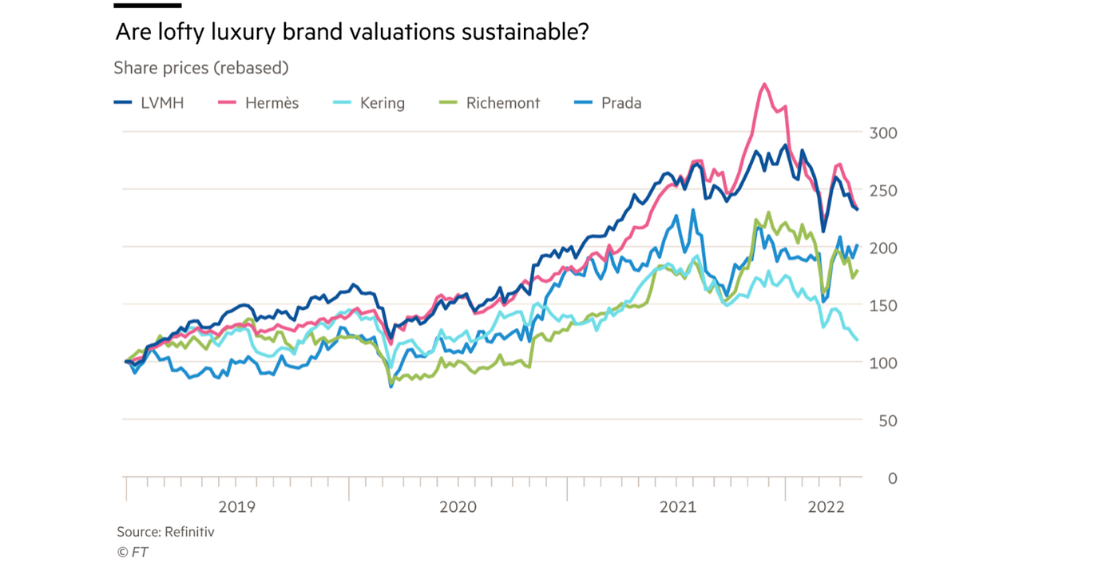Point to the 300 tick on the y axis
882,133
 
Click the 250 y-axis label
882,191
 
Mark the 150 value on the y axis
882,306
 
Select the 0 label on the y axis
892,478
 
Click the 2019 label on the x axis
236,506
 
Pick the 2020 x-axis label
458,506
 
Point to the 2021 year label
677,506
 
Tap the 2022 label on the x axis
826,506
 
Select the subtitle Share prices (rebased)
200,68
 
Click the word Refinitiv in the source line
189,532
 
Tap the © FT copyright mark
133,552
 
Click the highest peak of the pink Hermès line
765,84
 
